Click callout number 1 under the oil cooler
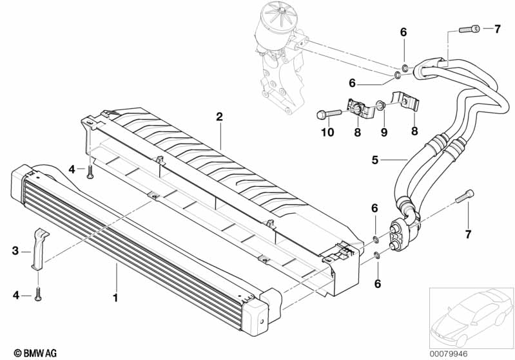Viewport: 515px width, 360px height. click(x=116, y=298)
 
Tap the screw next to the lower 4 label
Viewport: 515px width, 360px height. click(x=39, y=295)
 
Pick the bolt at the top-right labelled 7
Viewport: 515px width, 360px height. click(x=469, y=29)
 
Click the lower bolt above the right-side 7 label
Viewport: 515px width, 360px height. click(x=467, y=196)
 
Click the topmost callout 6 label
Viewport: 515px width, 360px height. click(x=403, y=32)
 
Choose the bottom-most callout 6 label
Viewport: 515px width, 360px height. click(x=378, y=283)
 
